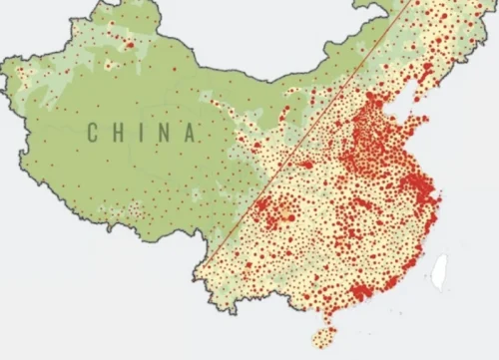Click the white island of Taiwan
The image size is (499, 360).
pos(438,267)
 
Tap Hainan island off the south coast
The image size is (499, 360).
pos(324,336)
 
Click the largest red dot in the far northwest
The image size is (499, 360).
pos(130,44)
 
